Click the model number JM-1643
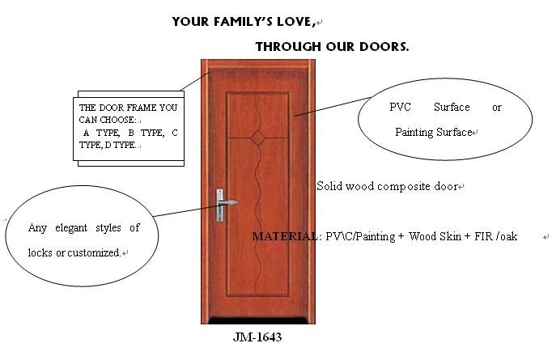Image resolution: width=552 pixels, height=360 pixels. [x=257, y=337]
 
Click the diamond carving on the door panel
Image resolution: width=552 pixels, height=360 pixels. [x=258, y=138]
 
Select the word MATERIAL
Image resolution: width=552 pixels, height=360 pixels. [x=284, y=236]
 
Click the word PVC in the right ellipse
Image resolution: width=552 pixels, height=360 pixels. [x=400, y=107]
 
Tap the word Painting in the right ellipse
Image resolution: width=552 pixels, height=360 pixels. [x=414, y=133]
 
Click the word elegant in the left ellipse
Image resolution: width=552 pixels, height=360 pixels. [x=71, y=228]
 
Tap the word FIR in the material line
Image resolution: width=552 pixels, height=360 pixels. [x=483, y=236]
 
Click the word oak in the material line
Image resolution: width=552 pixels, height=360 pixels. [x=509, y=236]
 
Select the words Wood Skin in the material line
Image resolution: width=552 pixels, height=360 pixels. [x=435, y=236]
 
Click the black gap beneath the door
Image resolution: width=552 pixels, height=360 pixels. [x=258, y=320]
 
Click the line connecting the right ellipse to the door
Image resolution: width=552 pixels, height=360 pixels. [x=333, y=106]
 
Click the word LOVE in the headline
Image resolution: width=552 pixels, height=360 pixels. [x=294, y=22]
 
